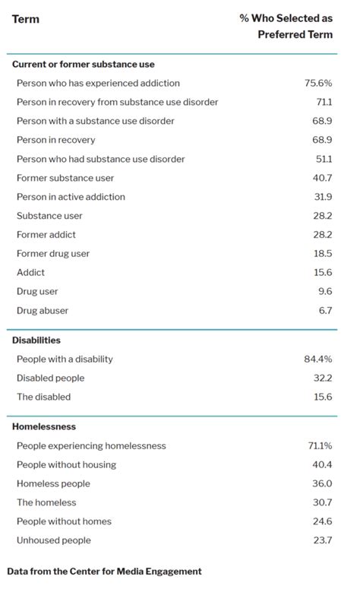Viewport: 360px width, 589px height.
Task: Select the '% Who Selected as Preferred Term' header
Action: pyautogui.click(x=286, y=27)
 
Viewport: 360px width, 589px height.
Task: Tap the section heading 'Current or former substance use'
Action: pyautogui.click(x=83, y=64)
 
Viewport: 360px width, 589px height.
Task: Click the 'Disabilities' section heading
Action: pyautogui.click(x=36, y=340)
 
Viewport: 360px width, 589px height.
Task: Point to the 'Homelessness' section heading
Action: pyautogui.click(x=44, y=426)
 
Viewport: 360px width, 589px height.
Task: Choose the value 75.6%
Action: pyautogui.click(x=318, y=83)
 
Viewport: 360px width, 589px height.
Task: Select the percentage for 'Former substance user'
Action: pyautogui.click(x=323, y=178)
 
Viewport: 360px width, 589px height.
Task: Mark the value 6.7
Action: pyautogui.click(x=325, y=310)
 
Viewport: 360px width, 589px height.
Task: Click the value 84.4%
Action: pyautogui.click(x=318, y=359)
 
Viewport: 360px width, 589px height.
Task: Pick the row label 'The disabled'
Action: pyautogui.click(x=43, y=397)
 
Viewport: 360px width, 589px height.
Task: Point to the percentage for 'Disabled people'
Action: pyautogui.click(x=323, y=378)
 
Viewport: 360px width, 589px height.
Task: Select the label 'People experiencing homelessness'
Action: pyautogui.click(x=91, y=445)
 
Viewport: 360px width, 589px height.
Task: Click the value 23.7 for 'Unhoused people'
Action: pyautogui.click(x=323, y=540)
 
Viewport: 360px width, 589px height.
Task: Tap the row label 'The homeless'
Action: pyautogui.click(x=46, y=502)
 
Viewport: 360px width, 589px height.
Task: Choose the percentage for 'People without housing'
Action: pyautogui.click(x=323, y=464)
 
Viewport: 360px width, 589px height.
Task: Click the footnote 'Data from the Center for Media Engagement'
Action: pyautogui.click(x=104, y=570)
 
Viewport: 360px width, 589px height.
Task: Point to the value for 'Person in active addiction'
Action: pyautogui.click(x=323, y=197)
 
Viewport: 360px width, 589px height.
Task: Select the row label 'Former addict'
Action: pyautogui.click(x=46, y=235)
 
